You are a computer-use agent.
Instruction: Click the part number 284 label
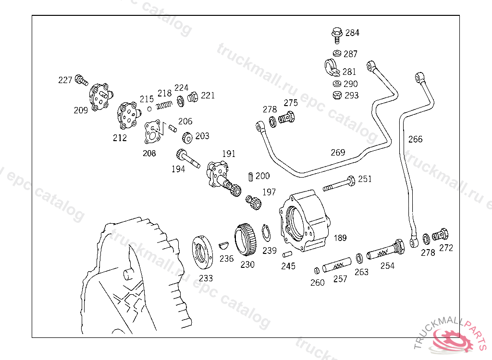[x=352, y=33]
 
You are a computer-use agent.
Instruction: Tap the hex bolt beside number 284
[x=337, y=36]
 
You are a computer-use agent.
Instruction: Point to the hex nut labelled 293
[x=337, y=95]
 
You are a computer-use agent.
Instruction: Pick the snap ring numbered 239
[x=266, y=233]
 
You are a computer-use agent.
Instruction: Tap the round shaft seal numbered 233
[x=202, y=252]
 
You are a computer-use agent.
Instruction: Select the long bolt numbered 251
[x=339, y=184]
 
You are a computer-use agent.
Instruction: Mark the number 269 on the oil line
[x=338, y=153]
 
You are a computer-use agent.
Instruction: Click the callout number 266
[x=415, y=139]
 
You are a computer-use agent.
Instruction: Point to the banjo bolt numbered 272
[x=440, y=235]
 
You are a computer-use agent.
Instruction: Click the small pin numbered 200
[x=250, y=177]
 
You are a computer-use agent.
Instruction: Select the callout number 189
[x=340, y=238]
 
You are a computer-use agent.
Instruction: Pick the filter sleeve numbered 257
[x=337, y=265]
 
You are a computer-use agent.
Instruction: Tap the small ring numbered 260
[x=317, y=271]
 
